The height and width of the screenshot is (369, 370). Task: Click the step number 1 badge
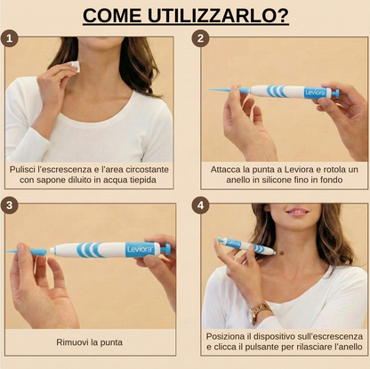11,38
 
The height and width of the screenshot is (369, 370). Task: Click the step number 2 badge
201,38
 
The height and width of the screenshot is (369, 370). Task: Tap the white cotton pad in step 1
76,66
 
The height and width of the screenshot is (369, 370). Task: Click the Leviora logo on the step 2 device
315,92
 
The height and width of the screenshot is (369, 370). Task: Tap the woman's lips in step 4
299,213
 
